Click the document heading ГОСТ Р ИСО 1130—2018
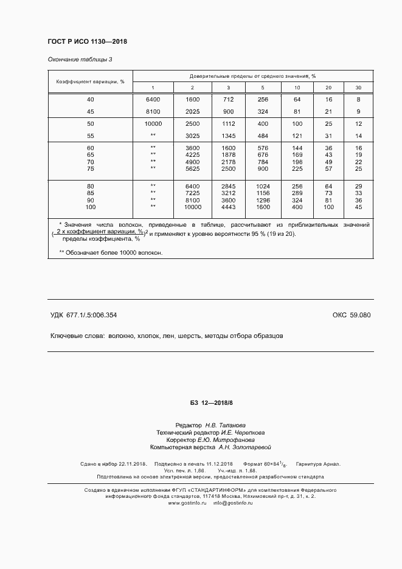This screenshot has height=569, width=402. coord(87,41)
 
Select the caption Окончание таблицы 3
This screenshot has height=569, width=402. coord(80,60)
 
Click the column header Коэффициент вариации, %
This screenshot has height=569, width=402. coord(91,81)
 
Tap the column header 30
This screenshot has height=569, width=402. coord(358,88)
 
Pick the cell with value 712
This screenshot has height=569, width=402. coord(228,99)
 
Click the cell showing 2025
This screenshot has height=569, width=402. coord(192,111)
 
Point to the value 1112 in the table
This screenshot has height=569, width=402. coord(228,123)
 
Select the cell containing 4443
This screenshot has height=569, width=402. coord(228,207)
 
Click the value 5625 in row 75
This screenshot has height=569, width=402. coord(192,168)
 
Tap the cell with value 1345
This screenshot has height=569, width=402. coord(228,136)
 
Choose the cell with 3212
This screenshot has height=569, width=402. coord(228,193)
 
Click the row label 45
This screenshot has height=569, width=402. coord(91,111)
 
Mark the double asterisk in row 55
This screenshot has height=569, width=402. coord(153,136)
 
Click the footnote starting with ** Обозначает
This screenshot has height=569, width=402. coord(111,252)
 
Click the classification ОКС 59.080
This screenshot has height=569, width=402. coord(351,315)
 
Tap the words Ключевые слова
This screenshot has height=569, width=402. coord(76,336)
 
